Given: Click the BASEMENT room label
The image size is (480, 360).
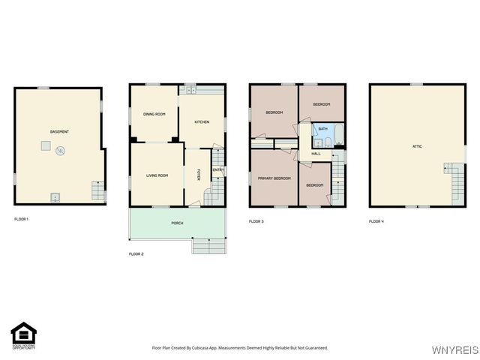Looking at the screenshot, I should (x=59, y=132).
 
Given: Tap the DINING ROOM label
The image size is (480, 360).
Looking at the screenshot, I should (x=154, y=114).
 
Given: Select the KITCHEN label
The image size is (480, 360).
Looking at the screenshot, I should (x=202, y=122).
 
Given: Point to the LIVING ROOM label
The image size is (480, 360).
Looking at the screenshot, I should (x=157, y=175).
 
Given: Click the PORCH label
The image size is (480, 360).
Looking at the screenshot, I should (x=177, y=223).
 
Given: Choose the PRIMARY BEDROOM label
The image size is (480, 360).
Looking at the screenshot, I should (x=274, y=178).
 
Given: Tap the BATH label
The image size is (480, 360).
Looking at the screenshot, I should (x=322, y=129).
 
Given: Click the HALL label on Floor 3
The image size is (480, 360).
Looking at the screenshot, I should (x=316, y=154).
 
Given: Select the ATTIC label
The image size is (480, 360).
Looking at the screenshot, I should (x=417, y=146).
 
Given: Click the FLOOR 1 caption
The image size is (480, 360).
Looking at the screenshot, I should (x=22, y=219).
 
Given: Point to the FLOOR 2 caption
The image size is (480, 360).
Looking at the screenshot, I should (x=136, y=254).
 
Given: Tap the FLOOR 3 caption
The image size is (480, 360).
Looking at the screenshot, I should (x=256, y=221).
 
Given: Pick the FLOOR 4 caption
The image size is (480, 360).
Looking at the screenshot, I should (x=376, y=221).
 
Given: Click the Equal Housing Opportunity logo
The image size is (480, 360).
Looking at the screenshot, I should (x=23, y=336).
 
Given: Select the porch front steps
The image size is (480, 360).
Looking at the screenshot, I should (x=209, y=246).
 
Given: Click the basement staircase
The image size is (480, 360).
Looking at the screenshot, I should (x=97, y=190).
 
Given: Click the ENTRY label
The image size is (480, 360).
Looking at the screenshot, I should (x=217, y=170).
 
